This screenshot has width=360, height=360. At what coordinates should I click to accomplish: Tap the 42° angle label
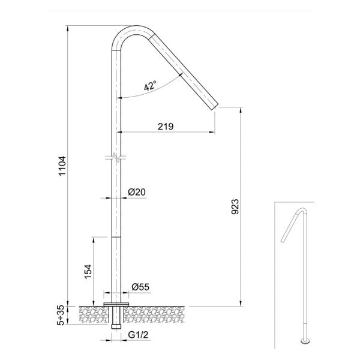(149, 86)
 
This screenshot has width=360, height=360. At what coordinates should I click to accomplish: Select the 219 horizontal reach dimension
(166, 126)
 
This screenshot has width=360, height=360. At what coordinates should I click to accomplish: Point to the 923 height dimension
(235, 206)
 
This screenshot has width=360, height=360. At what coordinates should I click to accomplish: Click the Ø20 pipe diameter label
(137, 192)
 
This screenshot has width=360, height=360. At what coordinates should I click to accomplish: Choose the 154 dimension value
(88, 271)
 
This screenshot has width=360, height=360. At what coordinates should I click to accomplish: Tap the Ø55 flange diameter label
(140, 287)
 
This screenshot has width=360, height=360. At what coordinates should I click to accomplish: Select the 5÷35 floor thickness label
(61, 314)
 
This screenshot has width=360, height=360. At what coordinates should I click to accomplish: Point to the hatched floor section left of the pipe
(87, 314)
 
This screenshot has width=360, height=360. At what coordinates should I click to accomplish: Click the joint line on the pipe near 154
(116, 236)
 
